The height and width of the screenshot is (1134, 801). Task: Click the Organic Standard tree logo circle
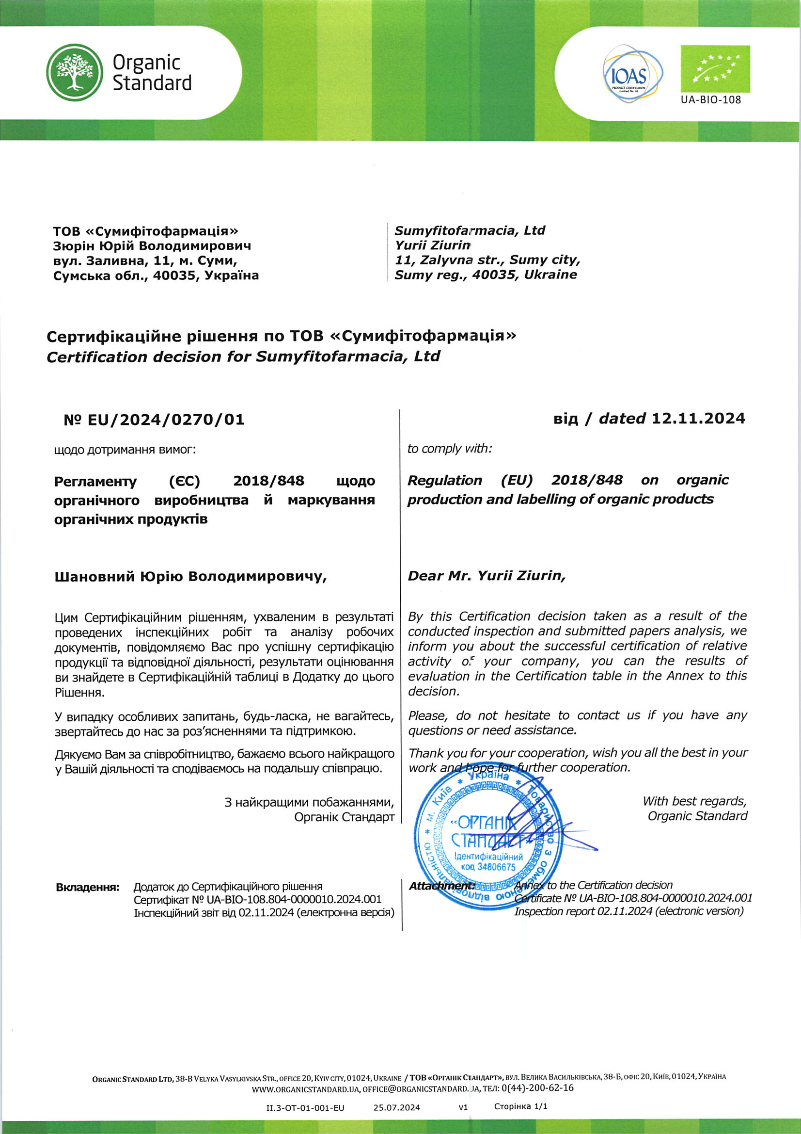(x=75, y=72)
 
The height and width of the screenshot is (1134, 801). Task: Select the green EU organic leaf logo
(x=715, y=69)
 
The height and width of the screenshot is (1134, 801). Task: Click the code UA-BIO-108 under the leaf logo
(x=711, y=100)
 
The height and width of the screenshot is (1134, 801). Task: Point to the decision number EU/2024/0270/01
(x=165, y=420)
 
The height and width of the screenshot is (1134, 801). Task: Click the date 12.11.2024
(x=698, y=419)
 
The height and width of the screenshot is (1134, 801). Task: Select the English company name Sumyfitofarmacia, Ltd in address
(x=470, y=231)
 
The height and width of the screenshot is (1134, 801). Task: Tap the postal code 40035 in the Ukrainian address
(x=172, y=275)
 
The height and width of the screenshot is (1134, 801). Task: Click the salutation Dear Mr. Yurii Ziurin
(x=486, y=575)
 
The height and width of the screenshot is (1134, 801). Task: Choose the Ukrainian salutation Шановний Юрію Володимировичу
(x=190, y=576)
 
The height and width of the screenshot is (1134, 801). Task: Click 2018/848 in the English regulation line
(x=587, y=480)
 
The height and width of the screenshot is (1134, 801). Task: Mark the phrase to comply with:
(x=449, y=449)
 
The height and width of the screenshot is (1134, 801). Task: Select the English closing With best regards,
(x=694, y=801)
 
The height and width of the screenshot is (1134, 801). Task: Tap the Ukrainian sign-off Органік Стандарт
(x=344, y=817)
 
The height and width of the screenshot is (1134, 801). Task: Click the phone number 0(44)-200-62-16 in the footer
(x=537, y=1087)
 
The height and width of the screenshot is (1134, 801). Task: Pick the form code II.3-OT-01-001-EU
(x=305, y=1107)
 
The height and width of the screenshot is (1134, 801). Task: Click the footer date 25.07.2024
(x=396, y=1107)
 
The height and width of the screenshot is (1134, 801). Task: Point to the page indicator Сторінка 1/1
(x=520, y=1106)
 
